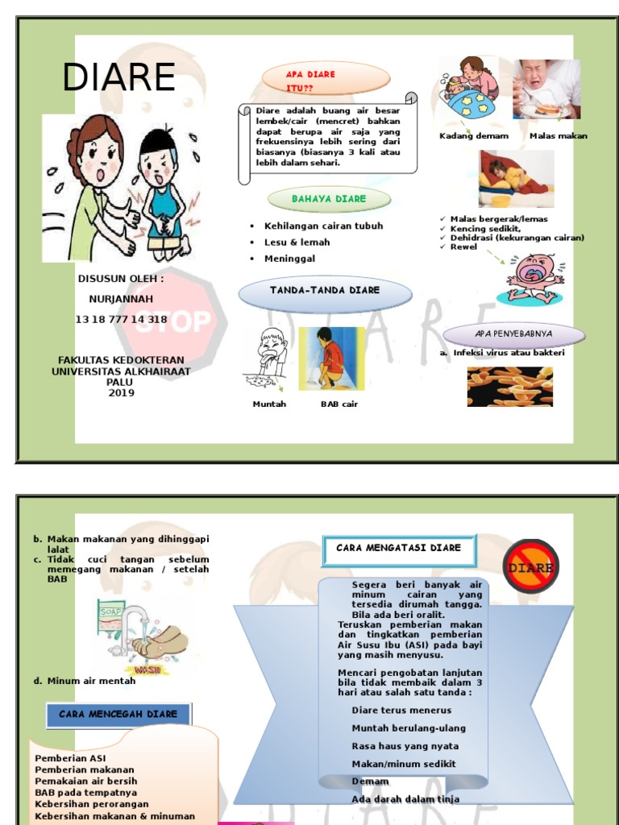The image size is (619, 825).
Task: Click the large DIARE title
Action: point(119,77)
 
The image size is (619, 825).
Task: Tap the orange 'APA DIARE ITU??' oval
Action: point(326,79)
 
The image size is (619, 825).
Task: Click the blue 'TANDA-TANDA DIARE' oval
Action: point(325,291)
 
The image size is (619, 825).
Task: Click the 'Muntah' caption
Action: point(269,404)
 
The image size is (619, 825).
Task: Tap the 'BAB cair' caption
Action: point(339,404)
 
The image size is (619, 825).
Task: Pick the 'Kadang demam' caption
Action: point(474,136)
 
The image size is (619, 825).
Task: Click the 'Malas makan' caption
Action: point(559,136)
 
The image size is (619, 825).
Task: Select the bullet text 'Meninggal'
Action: point(289,259)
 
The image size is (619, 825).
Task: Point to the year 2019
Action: point(121,393)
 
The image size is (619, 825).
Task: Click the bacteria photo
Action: point(509,386)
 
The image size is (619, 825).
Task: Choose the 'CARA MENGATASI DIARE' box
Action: point(399,549)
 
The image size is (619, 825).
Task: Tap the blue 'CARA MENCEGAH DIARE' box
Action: point(118,715)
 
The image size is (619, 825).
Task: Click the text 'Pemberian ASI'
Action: point(70,758)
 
